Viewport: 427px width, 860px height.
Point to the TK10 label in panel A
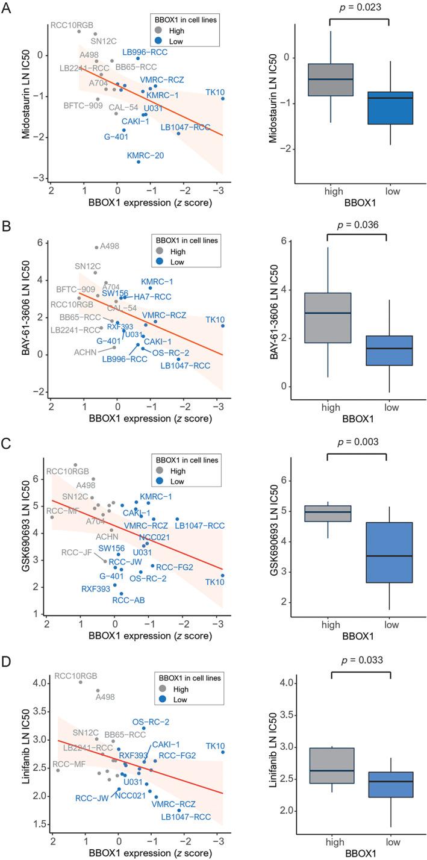215,92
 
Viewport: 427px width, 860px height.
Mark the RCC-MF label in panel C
61,511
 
